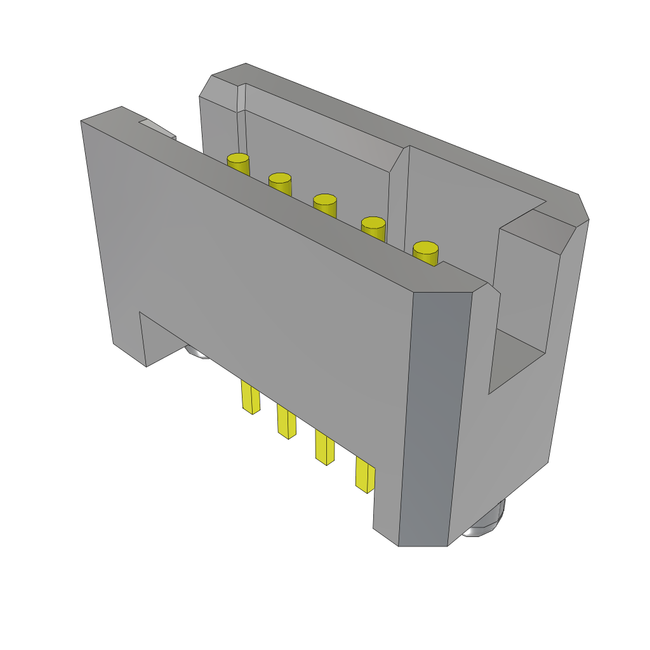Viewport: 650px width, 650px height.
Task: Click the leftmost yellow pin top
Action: (x=238, y=159)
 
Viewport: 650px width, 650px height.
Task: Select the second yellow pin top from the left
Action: (x=280, y=179)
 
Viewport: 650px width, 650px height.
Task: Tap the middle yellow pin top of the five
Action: (x=324, y=200)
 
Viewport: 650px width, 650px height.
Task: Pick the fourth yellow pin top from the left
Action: (x=373, y=223)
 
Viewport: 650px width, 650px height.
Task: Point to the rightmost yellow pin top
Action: (x=425, y=248)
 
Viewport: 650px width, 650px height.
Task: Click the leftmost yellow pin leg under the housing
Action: (x=250, y=399)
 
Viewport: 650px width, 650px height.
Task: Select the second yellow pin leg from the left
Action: (x=286, y=421)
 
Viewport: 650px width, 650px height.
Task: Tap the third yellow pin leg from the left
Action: (x=324, y=448)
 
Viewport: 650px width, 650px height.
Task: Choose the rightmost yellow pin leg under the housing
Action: (x=365, y=475)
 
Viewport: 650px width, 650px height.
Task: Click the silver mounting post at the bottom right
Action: (x=485, y=522)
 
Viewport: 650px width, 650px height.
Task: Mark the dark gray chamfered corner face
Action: (x=435, y=419)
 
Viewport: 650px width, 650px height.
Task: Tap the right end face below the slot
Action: (x=508, y=444)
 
